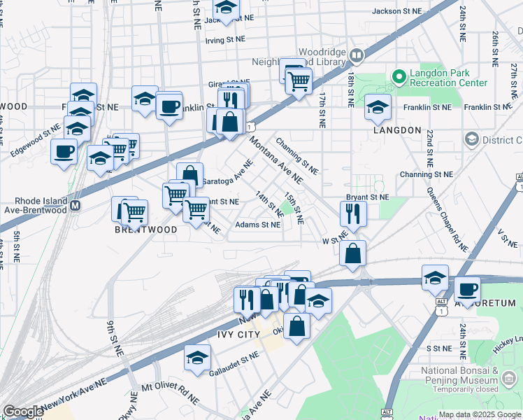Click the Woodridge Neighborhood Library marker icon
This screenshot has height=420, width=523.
357,55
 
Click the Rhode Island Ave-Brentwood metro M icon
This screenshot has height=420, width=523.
76,206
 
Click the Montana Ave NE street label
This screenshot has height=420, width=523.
275,157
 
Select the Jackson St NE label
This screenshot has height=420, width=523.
397,11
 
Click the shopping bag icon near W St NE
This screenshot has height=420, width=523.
353,253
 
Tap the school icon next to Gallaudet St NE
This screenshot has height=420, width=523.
198,357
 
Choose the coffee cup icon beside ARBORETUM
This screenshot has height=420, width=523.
467,288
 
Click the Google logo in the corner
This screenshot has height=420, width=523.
23,412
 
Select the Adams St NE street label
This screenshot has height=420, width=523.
257,225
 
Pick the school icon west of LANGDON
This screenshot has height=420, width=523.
377,108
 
